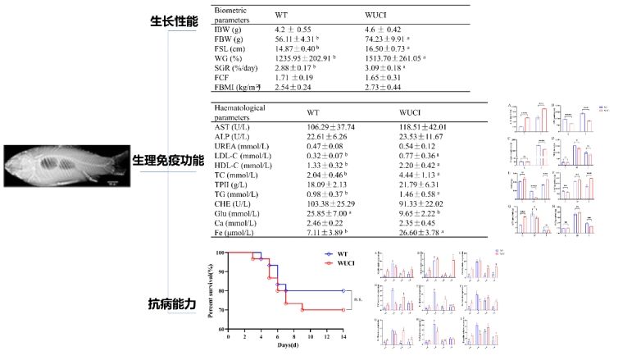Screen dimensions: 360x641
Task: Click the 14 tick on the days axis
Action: point(343,336)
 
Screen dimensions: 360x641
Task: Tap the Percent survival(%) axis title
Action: point(211,289)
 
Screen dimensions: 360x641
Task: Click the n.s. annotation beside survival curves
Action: point(358,299)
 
